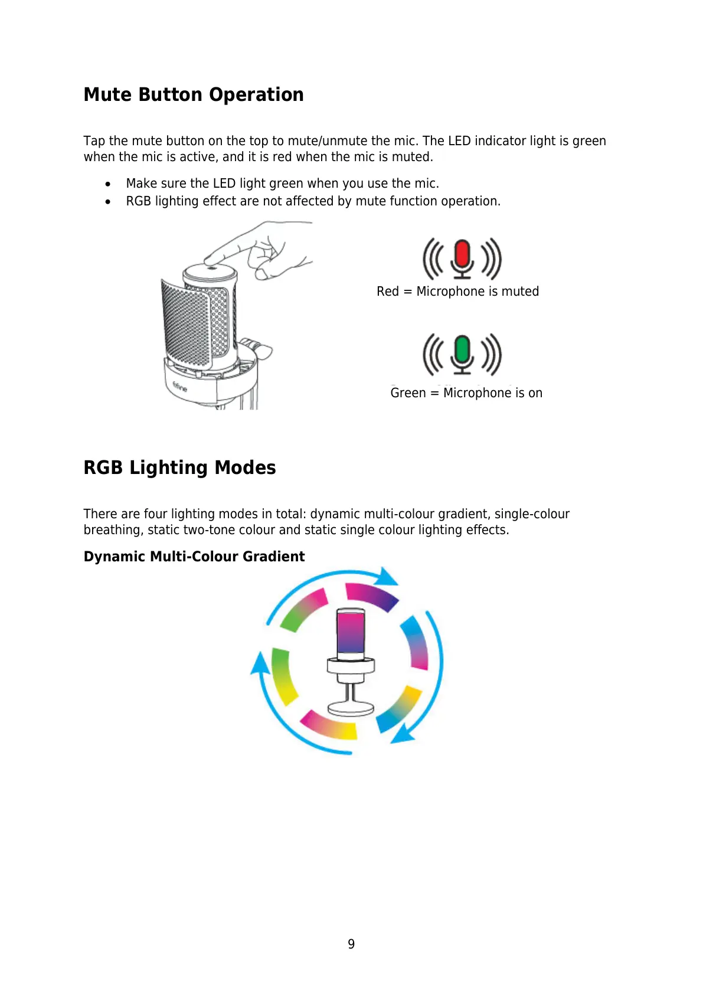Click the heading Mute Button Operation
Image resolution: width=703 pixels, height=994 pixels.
[x=194, y=95]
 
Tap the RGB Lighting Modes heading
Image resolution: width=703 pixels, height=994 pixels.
[x=179, y=467]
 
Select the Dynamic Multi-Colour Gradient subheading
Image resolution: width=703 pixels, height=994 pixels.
[x=194, y=557]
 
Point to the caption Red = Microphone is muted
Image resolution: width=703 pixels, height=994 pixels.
[x=457, y=292]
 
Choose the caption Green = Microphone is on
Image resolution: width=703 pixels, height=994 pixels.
[x=466, y=393]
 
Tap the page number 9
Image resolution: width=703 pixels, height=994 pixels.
[x=351, y=944]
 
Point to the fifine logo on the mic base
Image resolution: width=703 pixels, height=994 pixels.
[x=179, y=387]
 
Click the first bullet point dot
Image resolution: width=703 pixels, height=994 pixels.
[x=107, y=184]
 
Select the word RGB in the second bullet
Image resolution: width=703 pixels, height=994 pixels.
[x=139, y=201]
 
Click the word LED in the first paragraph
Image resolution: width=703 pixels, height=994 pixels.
[x=459, y=141]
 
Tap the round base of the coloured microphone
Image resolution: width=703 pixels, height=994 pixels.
[x=351, y=708]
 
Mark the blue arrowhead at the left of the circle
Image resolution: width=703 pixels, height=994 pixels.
[x=259, y=663]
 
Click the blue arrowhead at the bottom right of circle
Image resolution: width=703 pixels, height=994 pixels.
[x=403, y=734]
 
